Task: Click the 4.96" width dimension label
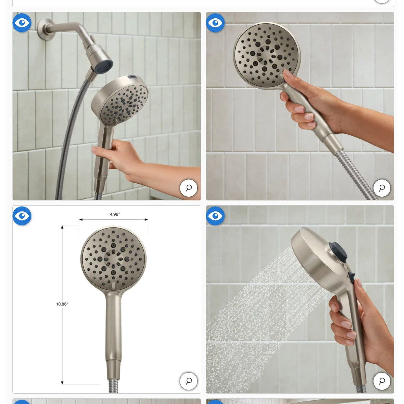point(115,214)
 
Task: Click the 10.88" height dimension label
point(62,304)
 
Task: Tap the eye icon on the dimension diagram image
point(22,216)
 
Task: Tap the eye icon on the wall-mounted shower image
point(22,23)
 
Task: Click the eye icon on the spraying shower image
point(215,216)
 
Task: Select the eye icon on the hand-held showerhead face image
point(215,23)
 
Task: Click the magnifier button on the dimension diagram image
point(189,381)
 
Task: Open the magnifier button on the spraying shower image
point(382,381)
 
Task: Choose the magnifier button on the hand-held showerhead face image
point(382,188)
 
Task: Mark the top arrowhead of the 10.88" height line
point(62,227)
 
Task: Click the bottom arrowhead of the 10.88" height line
point(62,383)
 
